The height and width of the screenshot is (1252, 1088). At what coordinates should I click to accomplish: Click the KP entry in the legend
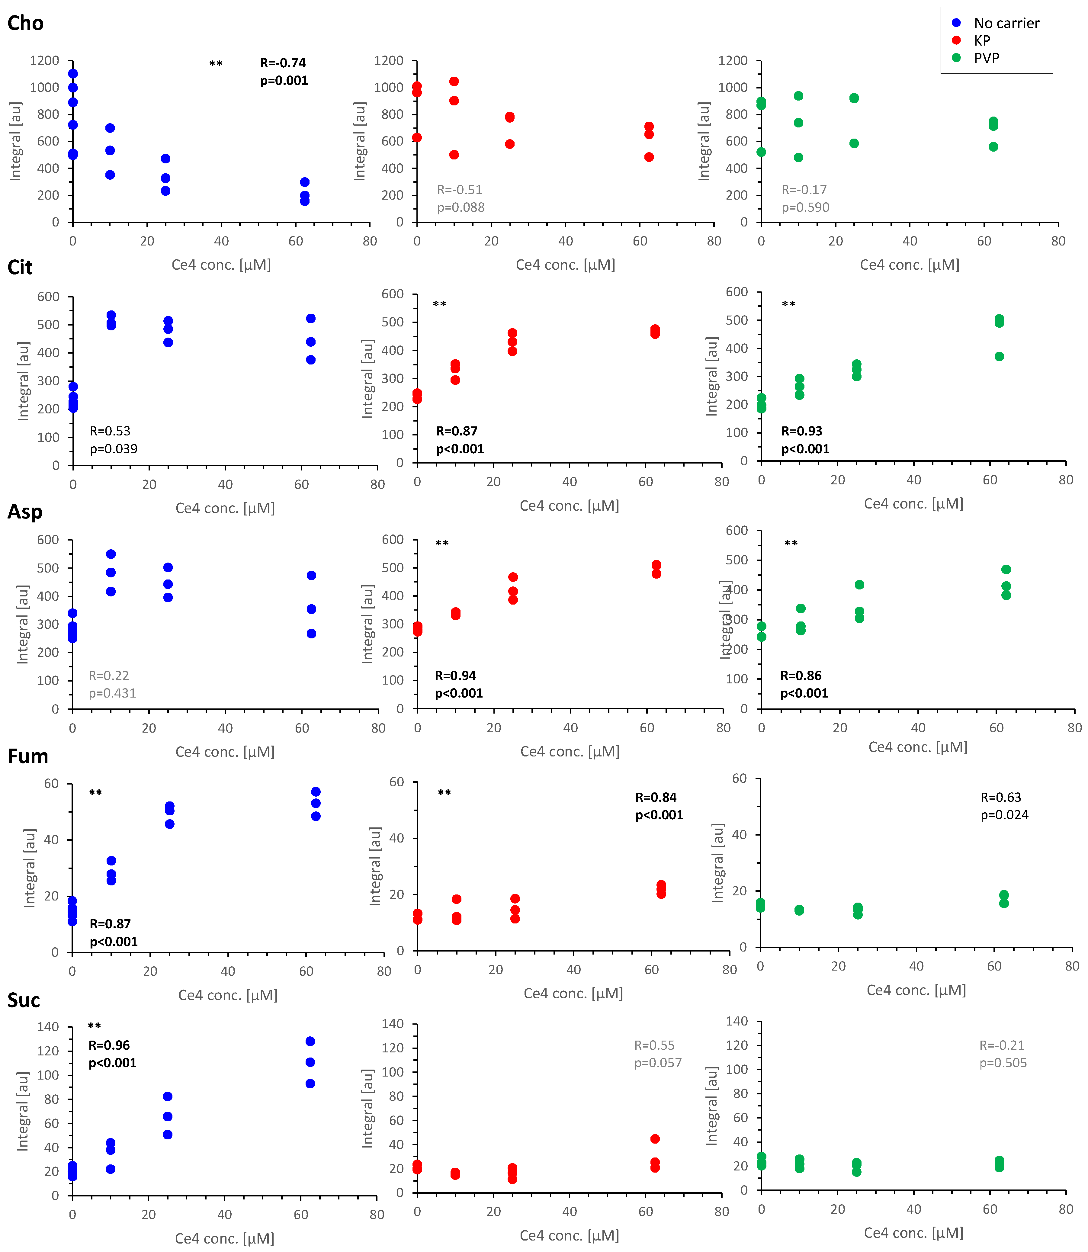982,41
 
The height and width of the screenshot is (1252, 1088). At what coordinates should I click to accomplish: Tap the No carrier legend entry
1006,23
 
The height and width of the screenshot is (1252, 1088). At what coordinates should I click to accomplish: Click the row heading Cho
25,23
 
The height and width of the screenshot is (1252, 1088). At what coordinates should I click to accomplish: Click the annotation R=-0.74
283,63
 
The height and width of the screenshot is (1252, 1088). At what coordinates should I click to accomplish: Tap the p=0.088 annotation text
461,208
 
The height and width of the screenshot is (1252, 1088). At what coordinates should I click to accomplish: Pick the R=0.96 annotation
109,1045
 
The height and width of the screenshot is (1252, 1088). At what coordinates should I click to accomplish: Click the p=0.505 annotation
1003,1063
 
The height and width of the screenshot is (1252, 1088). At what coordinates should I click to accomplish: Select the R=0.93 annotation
801,431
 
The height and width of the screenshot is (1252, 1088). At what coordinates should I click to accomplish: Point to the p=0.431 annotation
112,693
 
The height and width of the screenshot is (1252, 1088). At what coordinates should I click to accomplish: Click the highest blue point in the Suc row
310,1041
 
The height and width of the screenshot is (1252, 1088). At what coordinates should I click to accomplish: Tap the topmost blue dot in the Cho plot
73,73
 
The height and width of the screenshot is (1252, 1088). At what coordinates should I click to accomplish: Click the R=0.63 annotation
1000,797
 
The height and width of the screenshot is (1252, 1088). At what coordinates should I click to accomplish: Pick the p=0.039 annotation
114,449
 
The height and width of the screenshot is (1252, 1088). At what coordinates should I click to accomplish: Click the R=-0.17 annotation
804,190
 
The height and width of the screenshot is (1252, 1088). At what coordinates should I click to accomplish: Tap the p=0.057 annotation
658,1063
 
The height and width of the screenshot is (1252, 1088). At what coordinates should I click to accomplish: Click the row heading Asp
25,512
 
